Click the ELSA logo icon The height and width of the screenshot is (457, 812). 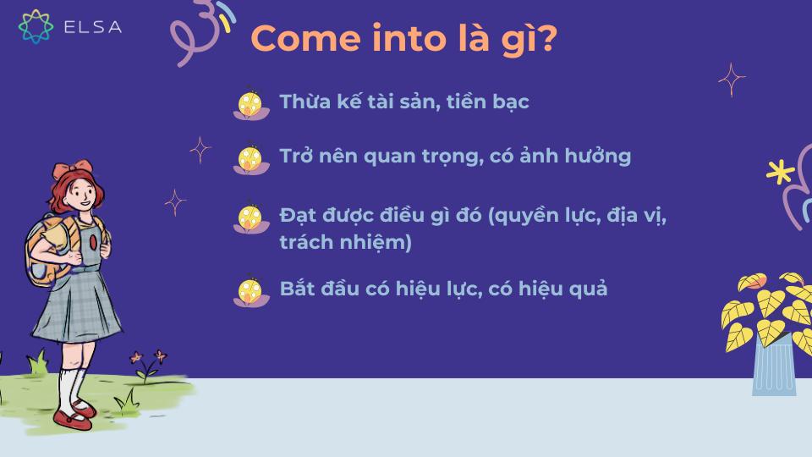tap(36, 26)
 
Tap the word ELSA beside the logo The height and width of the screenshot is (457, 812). tap(92, 27)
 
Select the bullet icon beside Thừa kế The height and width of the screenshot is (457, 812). tap(250, 104)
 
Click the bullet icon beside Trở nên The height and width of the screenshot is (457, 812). tap(250, 158)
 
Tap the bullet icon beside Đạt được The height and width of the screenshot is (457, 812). tap(250, 217)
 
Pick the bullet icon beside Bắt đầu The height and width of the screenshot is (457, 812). tap(250, 290)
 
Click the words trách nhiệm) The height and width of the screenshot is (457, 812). tap(345, 243)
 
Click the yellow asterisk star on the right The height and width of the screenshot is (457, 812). tap(776, 173)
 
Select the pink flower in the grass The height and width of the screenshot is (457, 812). tap(158, 357)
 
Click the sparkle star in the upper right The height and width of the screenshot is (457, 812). tap(731, 80)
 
